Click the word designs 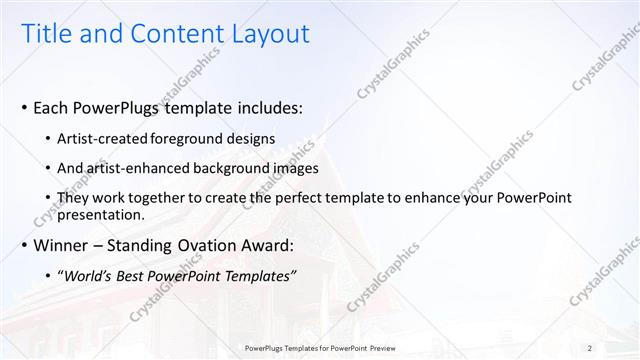[252, 138]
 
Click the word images [293, 168]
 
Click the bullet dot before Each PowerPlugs [24, 108]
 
